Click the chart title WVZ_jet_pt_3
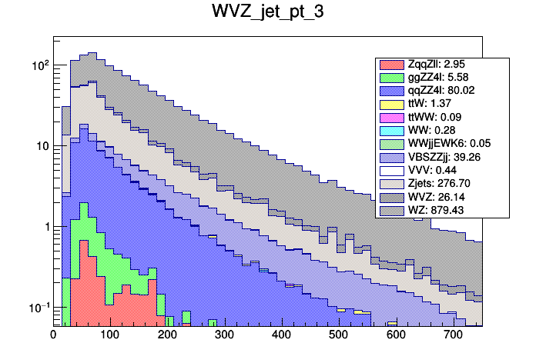(x=268, y=14)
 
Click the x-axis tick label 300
(x=224, y=335)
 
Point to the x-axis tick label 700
(x=453, y=335)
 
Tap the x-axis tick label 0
(x=53, y=335)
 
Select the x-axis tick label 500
(x=338, y=335)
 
